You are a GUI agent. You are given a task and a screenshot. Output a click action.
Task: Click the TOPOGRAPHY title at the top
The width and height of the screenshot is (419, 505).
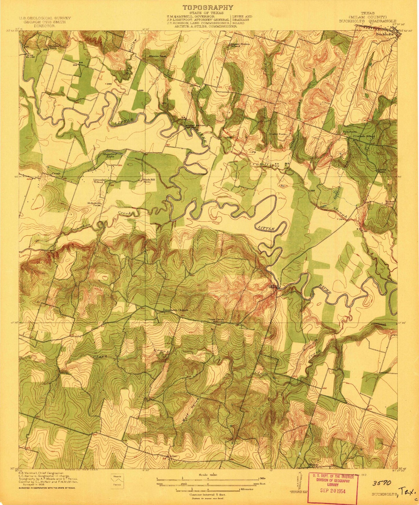[207, 8]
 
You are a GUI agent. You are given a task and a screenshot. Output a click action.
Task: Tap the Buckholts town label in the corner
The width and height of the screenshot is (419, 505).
[384, 34]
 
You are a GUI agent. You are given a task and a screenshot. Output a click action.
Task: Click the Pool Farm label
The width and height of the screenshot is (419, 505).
[349, 132]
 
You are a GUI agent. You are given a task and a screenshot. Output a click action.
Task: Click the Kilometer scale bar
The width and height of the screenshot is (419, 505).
[208, 489]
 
